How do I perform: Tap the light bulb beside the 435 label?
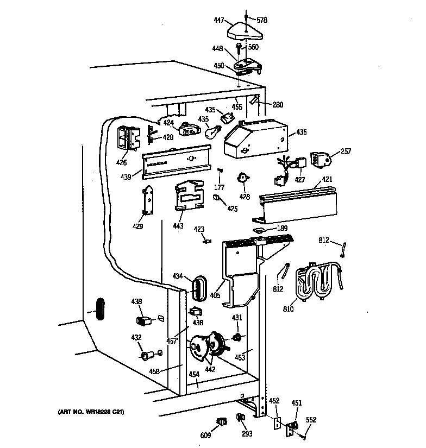pos(212,132)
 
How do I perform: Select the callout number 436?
pos(301,132)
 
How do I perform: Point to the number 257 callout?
pos(346,151)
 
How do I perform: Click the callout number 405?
pos(216,296)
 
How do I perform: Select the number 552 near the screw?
pos(311,420)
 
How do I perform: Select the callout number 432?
pos(135,338)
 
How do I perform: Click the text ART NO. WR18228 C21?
pos(91,412)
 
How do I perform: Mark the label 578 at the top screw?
pos(262,20)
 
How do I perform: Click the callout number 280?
pos(278,104)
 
